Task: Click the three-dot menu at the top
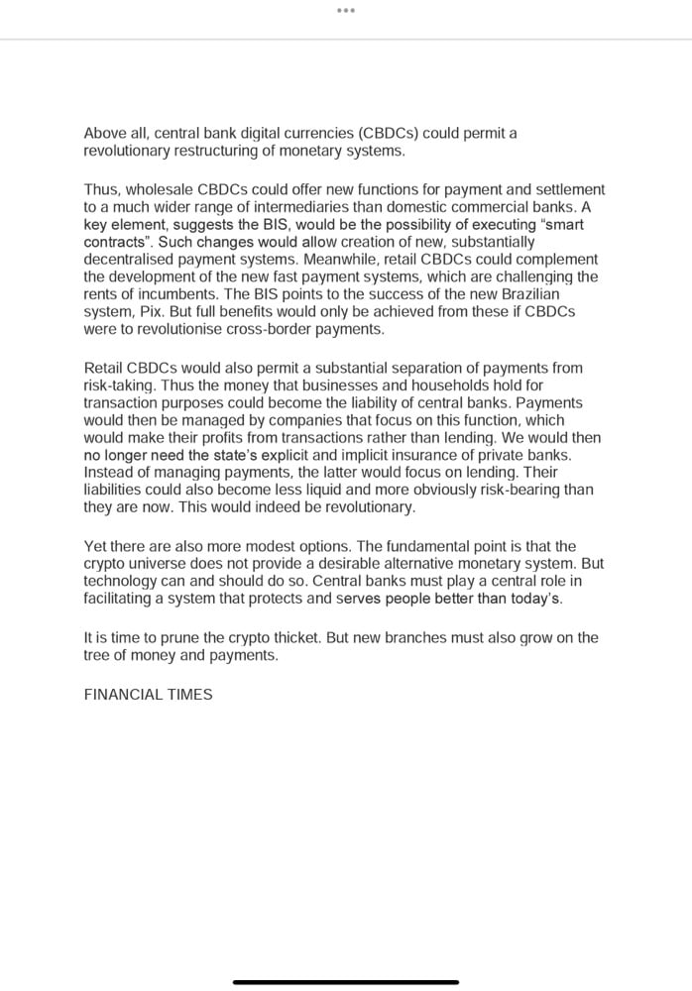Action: coord(345,10)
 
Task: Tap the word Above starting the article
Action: coord(104,134)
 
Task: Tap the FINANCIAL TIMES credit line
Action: coord(149,695)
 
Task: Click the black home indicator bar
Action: coord(345,981)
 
